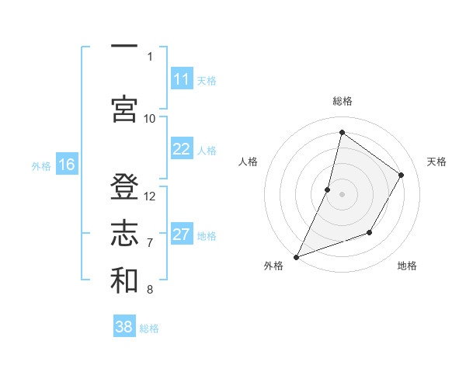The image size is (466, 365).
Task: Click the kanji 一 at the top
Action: tap(124, 47)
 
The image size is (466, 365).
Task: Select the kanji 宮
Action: tap(124, 108)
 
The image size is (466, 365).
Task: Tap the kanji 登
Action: tap(124, 187)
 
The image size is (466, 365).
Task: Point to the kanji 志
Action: tap(124, 232)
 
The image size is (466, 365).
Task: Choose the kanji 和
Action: tap(124, 280)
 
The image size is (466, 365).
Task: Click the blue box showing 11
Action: tap(182, 79)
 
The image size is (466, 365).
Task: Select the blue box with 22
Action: tap(182, 149)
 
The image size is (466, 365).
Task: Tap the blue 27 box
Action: tap(182, 235)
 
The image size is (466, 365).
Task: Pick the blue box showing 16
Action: tap(67, 164)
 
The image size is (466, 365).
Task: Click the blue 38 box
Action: tap(124, 327)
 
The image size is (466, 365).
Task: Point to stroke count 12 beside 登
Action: tap(150, 196)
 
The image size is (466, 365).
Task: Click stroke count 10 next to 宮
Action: tap(150, 118)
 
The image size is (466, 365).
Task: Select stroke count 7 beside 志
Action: tap(150, 243)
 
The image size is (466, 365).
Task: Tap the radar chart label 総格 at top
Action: tap(342, 101)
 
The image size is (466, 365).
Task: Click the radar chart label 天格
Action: tap(436, 162)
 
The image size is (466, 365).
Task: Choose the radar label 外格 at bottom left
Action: tap(273, 266)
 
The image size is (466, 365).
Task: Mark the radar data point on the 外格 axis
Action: tap(296, 256)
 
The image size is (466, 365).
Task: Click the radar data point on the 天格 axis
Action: tap(402, 175)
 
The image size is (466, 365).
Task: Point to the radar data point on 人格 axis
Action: tap(328, 189)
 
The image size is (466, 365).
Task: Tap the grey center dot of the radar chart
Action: tap(342, 194)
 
